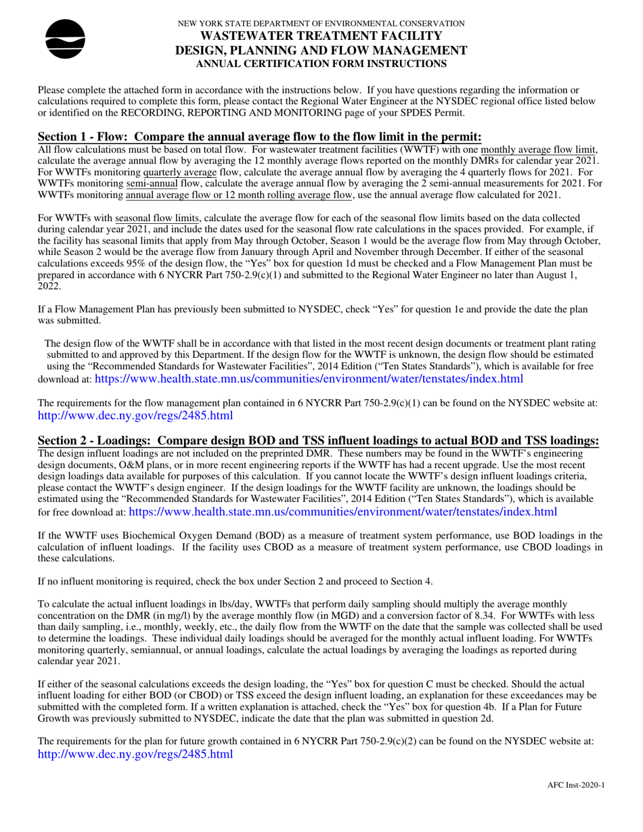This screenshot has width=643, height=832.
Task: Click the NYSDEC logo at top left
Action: (x=65, y=39)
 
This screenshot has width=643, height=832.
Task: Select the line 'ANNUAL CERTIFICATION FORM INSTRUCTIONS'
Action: (x=321, y=64)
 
